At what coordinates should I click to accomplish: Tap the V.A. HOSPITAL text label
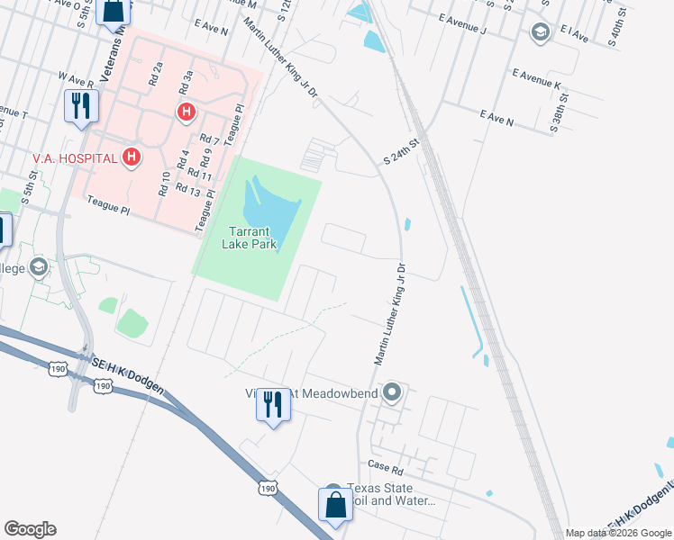click(75, 158)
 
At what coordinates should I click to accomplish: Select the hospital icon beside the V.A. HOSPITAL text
click(132, 157)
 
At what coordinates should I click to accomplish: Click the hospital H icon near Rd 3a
click(187, 112)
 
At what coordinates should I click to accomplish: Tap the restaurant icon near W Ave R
click(81, 106)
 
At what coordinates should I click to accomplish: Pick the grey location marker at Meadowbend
click(392, 392)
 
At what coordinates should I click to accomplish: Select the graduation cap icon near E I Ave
click(541, 34)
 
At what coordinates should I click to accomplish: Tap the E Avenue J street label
click(462, 23)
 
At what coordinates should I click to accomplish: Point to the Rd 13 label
click(188, 189)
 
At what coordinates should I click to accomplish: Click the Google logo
click(30, 529)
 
